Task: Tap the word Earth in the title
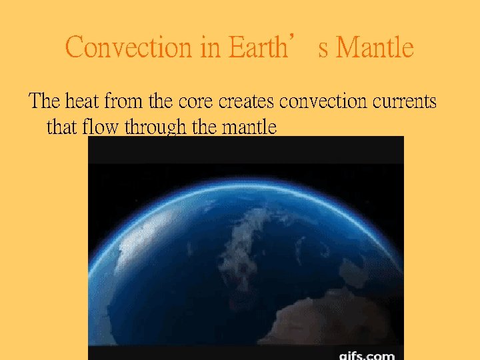[x=256, y=48]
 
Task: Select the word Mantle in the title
[x=375, y=48]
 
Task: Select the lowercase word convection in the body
[x=323, y=101]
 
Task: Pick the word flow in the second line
[x=101, y=126]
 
